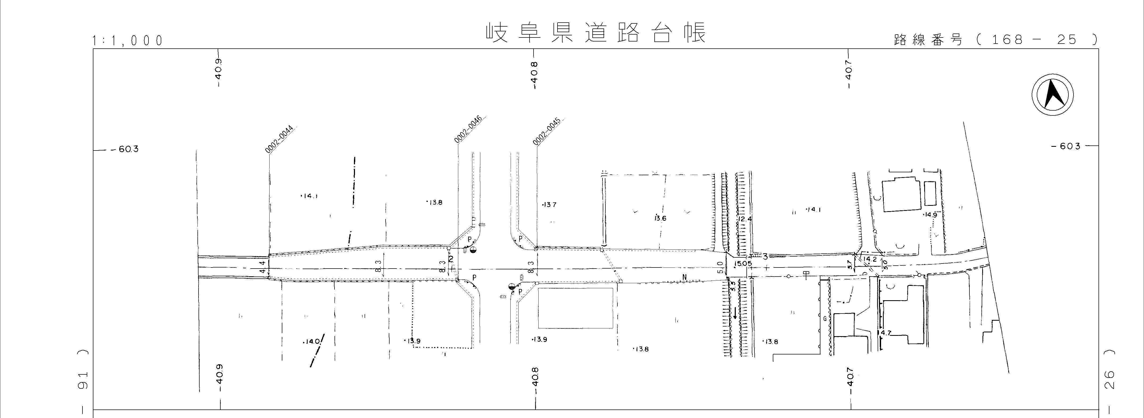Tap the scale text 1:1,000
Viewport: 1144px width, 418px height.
click(x=127, y=41)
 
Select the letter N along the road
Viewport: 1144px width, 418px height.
click(x=684, y=278)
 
